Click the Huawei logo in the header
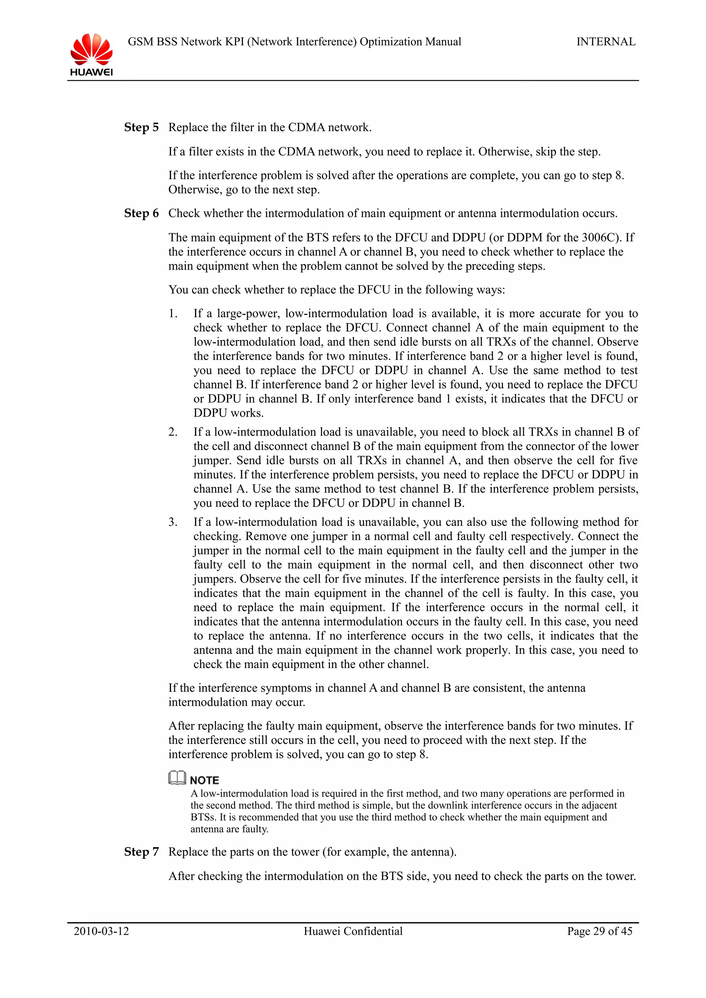(91, 54)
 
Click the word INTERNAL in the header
(606, 42)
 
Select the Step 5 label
(141, 127)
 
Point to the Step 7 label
(141, 852)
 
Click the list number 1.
(173, 313)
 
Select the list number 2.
(173, 432)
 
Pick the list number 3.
(173, 522)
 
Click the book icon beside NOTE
(177, 778)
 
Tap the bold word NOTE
(204, 780)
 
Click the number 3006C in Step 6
(600, 238)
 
